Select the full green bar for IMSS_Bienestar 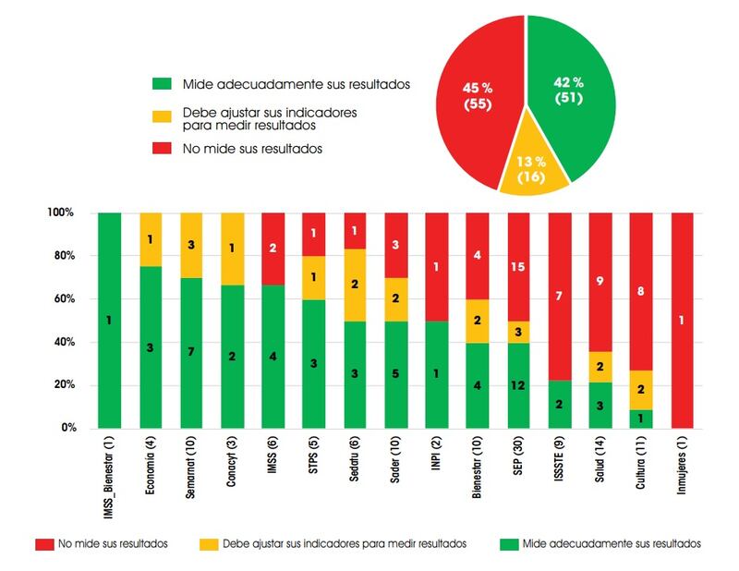tap(110, 321)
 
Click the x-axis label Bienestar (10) tap(479, 472)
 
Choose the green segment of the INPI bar tap(437, 375)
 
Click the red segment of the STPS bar tap(315, 234)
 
